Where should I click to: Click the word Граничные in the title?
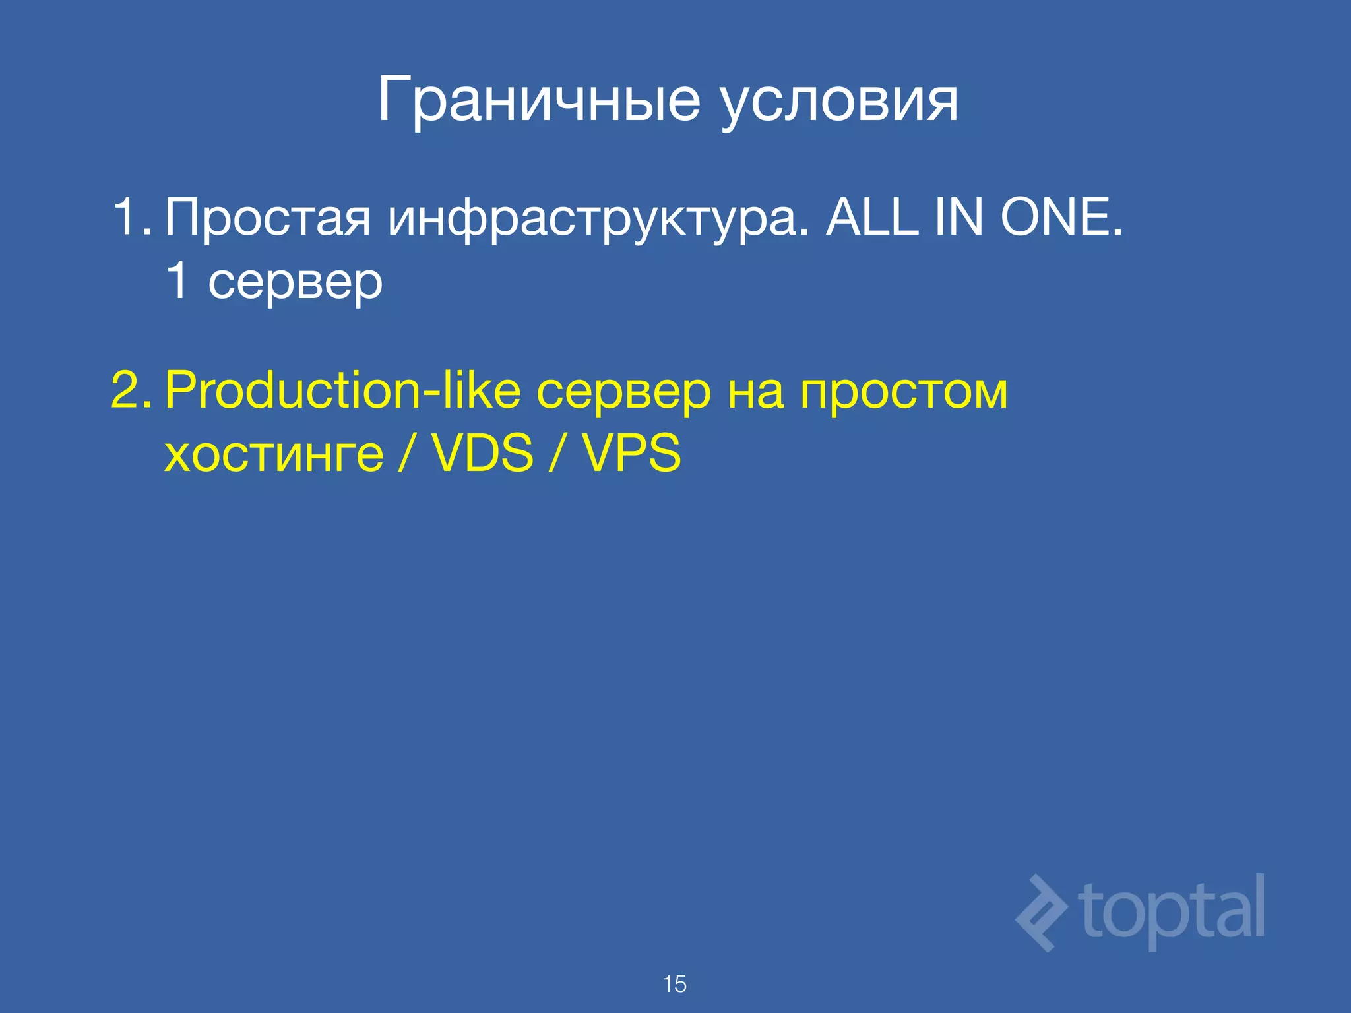pos(538,100)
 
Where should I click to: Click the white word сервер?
pos(295,282)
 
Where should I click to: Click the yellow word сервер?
pos(623,393)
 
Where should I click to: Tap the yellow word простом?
pos(904,393)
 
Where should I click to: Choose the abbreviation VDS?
pos(482,454)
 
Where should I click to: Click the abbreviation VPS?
pos(631,454)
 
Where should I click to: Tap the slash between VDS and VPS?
pos(557,454)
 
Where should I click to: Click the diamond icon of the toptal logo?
pos(1042,913)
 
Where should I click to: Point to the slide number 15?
pos(675,984)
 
